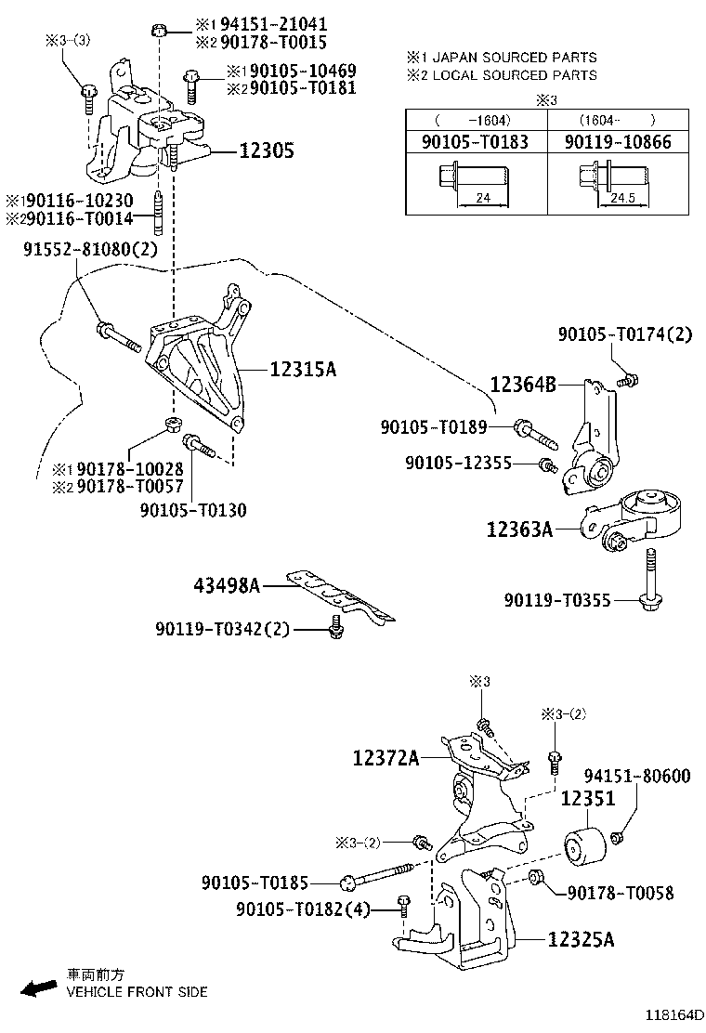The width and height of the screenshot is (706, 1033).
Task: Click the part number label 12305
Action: [x=268, y=150]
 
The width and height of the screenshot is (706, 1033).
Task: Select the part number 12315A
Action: [x=303, y=370]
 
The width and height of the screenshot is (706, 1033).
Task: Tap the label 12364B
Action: [x=523, y=384]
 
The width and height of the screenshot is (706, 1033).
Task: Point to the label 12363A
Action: [x=519, y=530]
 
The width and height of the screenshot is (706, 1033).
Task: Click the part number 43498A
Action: [x=227, y=585]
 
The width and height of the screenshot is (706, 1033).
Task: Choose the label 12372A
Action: [x=386, y=759]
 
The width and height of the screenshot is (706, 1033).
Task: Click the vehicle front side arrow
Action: [x=40, y=988]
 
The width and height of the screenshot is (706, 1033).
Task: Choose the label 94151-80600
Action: [x=636, y=776]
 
